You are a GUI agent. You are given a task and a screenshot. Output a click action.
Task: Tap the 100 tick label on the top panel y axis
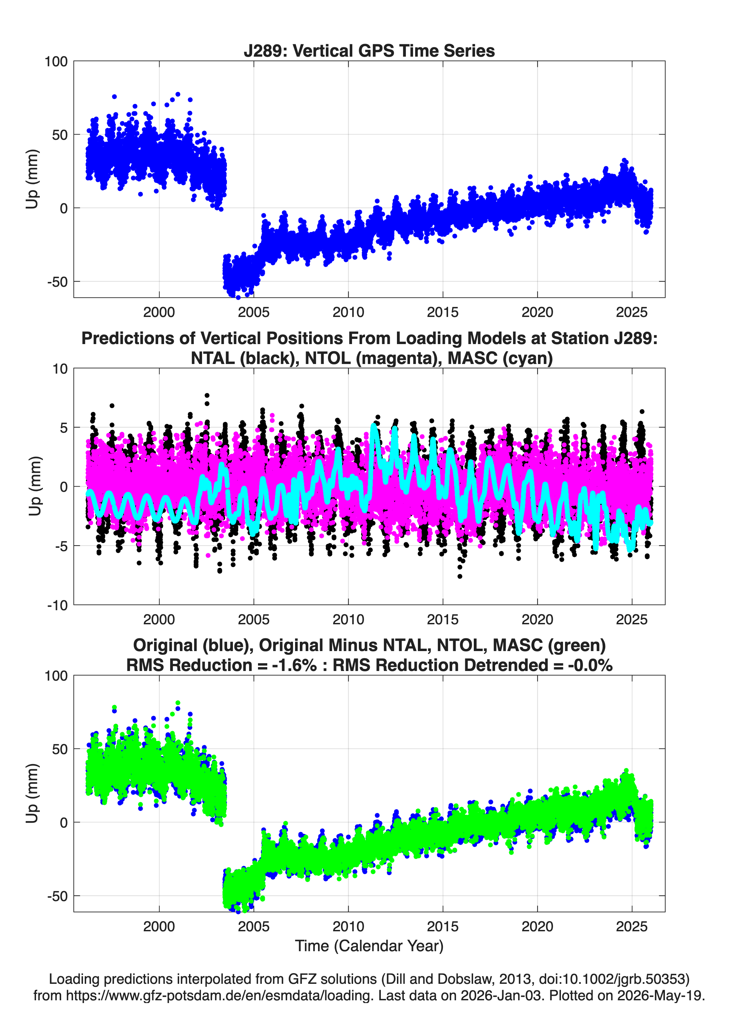[56, 61]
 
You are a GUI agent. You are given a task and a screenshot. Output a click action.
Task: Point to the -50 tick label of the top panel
[57, 282]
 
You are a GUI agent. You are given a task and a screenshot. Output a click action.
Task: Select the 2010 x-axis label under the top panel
[348, 312]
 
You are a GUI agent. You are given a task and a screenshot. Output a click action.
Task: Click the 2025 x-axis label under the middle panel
[632, 619]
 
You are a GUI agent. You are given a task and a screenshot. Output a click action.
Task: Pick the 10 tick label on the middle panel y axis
[60, 369]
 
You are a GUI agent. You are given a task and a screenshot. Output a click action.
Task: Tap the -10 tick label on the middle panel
[57, 605]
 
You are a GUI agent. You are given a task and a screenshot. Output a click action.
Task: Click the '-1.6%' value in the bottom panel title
[294, 665]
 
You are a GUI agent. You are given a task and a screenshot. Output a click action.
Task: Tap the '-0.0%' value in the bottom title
[590, 665]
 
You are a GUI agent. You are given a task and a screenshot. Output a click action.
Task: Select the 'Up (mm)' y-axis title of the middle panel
[35, 486]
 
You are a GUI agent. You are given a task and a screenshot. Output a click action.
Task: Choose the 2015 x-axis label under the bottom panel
[443, 926]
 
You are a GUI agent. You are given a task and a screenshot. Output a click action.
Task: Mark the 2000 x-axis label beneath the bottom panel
[159, 926]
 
